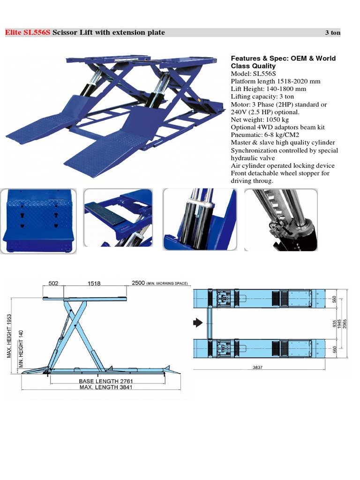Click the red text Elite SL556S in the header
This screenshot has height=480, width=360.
click(27, 33)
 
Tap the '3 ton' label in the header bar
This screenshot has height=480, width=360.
click(333, 33)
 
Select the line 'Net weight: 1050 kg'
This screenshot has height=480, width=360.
click(260, 120)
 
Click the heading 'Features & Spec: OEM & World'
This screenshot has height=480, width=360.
click(283, 59)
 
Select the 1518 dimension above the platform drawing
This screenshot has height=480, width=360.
click(93, 284)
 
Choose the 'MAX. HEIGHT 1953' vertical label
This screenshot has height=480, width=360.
click(9, 336)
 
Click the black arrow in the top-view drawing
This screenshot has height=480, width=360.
click(198, 322)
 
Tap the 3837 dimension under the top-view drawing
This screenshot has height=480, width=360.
click(257, 367)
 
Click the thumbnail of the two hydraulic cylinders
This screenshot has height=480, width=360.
click(199, 219)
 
